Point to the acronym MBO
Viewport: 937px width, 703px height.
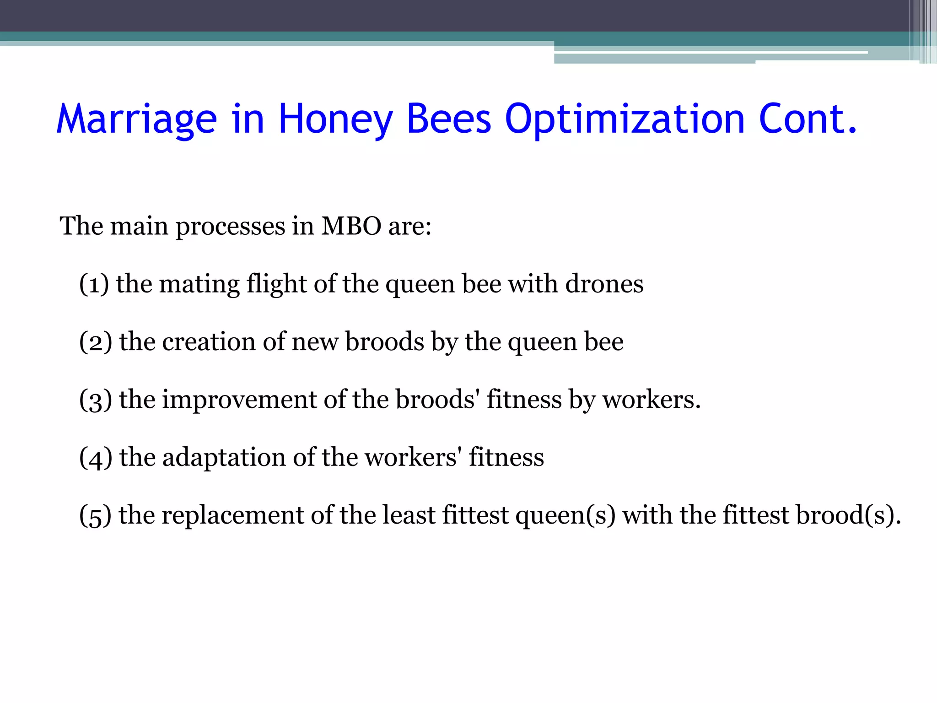tap(351, 226)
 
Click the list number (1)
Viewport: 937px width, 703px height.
tap(94, 284)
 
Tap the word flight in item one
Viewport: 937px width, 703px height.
tap(276, 285)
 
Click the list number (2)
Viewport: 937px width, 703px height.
tap(95, 342)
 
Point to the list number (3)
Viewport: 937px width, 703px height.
tap(95, 400)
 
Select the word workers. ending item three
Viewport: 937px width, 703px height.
tap(651, 400)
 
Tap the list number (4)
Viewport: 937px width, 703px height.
tap(95, 457)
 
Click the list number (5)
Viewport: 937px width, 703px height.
tap(95, 515)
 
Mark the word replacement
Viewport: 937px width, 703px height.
tap(232, 515)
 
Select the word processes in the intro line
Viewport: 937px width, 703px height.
tap(230, 227)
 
